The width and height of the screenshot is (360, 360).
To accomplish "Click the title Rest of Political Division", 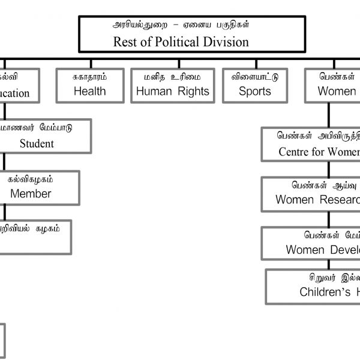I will pos(181,42).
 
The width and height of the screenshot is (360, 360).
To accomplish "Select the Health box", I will pos(90,85).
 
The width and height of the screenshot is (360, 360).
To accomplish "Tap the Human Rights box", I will pos(173,85).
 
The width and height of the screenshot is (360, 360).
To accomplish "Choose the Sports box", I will pos(255,85).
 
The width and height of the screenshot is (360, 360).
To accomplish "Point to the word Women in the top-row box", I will pos(337,91).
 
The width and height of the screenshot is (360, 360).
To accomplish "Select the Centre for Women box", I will pos(312,144).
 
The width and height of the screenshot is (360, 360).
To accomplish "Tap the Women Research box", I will pos(312,194).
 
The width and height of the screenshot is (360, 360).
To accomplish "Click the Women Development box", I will pos(312,243).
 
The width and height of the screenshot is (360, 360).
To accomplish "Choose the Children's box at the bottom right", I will pos(315,286).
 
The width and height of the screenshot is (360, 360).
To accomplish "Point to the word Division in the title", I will pos(226,42).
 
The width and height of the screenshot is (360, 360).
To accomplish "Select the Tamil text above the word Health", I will pos(89,77).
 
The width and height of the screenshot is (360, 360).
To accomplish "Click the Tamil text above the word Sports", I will pos(255,77).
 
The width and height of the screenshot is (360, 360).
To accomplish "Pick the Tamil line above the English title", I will pos(181,25).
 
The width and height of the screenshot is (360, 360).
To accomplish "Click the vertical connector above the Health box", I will pos(90,63).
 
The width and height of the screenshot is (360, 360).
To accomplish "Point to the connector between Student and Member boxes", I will pos(4,161).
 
